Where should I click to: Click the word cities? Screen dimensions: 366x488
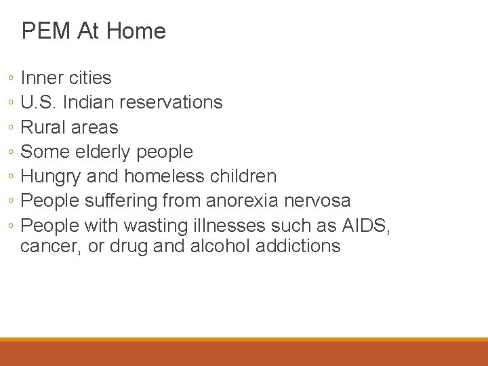tap(89, 78)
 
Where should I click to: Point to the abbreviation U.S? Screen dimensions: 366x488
tap(39, 102)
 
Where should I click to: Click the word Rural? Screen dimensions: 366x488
tap(43, 127)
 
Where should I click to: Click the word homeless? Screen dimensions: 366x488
tap(157, 176)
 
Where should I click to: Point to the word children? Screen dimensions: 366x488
tap(241, 176)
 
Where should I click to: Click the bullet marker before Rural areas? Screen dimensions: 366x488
tap(12, 128)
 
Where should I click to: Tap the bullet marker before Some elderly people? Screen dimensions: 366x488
tap(12, 152)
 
